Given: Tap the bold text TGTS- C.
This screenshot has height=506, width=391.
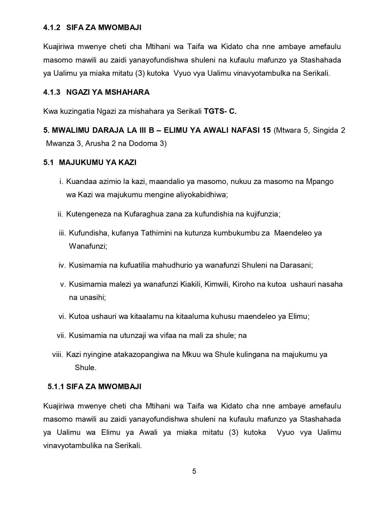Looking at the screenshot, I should click(x=220, y=111).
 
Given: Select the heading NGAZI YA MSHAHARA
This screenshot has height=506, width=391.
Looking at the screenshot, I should click(x=108, y=92).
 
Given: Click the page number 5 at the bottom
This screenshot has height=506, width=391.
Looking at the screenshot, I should click(x=194, y=471).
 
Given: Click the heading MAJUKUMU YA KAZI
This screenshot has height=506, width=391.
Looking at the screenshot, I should click(x=98, y=163).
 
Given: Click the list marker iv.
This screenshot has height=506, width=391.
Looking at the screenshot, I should click(x=62, y=265).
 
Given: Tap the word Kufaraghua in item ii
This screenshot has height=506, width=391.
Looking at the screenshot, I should click(x=140, y=214).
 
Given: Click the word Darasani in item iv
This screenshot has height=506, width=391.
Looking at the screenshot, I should click(x=296, y=265).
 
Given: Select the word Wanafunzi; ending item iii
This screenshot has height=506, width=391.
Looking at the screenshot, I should click(x=88, y=246).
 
